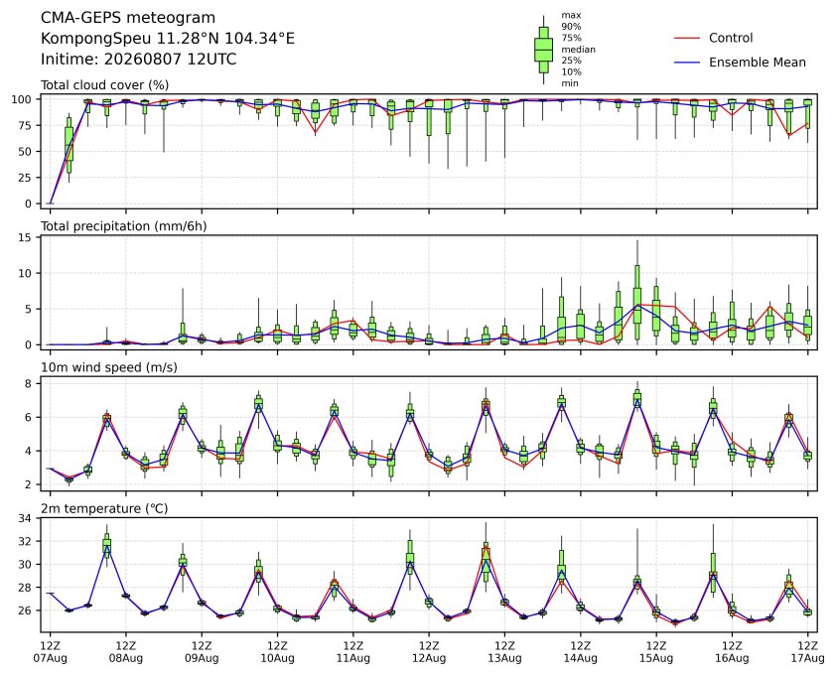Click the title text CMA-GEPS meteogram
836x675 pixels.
[128, 18]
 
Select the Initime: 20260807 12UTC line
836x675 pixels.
[139, 59]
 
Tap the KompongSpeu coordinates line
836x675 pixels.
[168, 39]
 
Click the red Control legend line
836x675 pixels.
[687, 39]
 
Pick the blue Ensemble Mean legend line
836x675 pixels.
[687, 63]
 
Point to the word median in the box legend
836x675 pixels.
[578, 50]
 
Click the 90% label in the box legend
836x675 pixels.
[571, 27]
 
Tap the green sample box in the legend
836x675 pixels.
[543, 50]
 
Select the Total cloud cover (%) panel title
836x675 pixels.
[105, 85]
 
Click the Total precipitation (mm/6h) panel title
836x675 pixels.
[124, 226]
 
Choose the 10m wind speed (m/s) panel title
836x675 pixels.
[109, 367]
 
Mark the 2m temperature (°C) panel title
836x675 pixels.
[104, 508]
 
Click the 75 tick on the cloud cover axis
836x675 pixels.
[25, 125]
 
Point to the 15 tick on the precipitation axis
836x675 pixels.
[25, 237]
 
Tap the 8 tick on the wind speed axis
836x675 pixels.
[29, 383]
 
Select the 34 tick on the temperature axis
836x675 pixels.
[25, 518]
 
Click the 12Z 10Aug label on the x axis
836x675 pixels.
[277, 652]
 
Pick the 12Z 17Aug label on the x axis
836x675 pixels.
[808, 652]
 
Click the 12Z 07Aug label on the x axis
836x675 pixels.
[50, 652]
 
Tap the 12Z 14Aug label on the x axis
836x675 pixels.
[581, 652]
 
